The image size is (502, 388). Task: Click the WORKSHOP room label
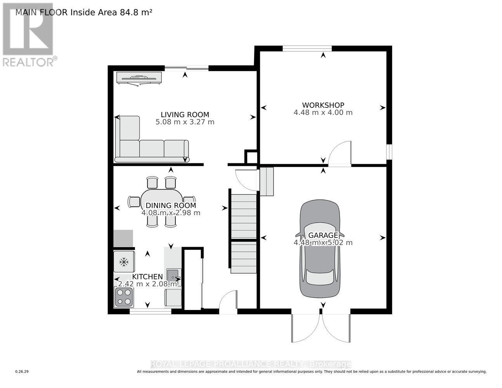pos(323,105)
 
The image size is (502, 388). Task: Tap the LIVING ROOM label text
pos(185,114)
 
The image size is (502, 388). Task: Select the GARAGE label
pos(323,235)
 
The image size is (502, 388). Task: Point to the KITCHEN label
pos(147,277)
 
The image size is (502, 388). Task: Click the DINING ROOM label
pos(171,206)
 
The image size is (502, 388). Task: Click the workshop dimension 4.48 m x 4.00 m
pos(323,113)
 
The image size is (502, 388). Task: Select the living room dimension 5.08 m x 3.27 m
pos(185,122)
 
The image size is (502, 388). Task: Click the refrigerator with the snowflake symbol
pos(124,262)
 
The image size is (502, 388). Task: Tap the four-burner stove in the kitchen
pos(124,297)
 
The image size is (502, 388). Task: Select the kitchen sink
pos(173,275)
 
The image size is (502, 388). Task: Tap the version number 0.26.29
pos(22,372)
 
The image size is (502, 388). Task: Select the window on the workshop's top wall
pos(307,48)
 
